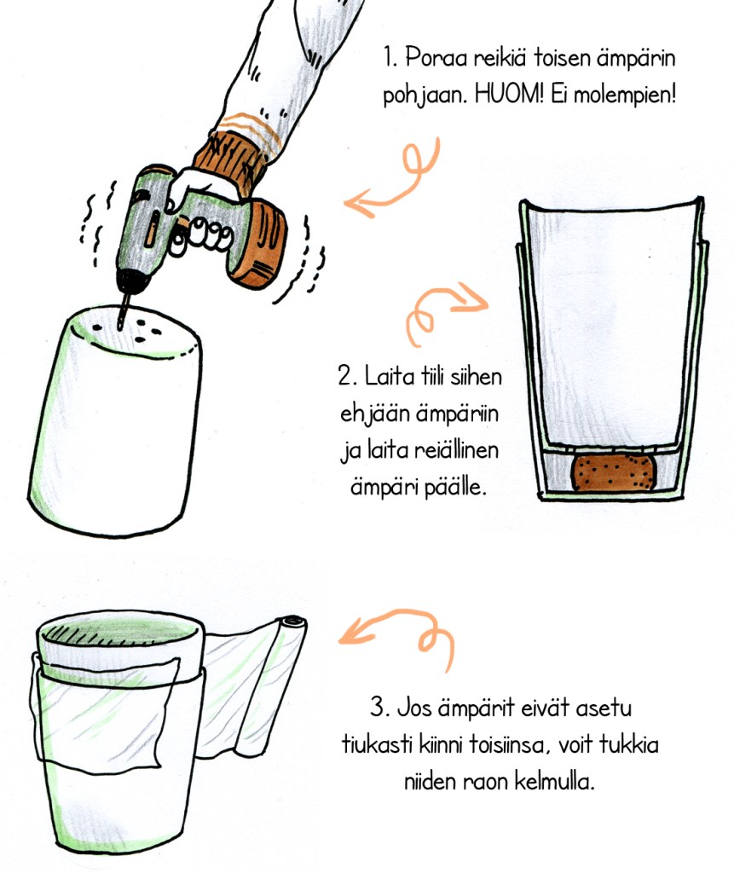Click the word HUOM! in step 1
[x=508, y=95]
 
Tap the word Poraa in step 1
[x=436, y=57]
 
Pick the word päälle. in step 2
[x=455, y=488]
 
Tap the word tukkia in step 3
[x=628, y=744]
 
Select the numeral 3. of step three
[x=380, y=708]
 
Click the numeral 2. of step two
[x=347, y=376]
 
